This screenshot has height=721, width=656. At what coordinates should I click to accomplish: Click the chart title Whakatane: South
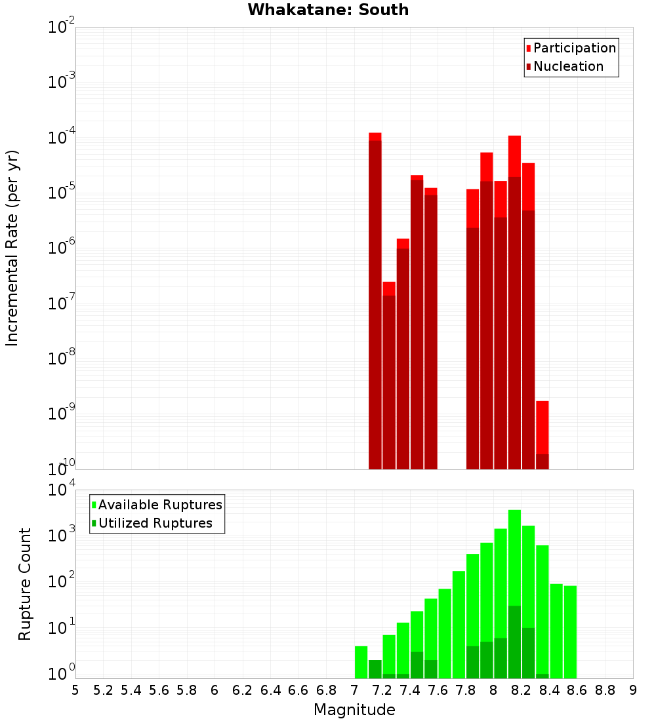click(x=328, y=10)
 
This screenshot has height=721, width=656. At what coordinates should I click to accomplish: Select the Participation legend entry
click(x=574, y=48)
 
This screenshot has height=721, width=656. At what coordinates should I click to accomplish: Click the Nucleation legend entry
click(x=567, y=66)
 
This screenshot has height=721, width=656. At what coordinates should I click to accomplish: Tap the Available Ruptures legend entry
click(x=159, y=505)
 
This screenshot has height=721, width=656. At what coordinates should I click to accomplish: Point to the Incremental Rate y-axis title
click(x=12, y=248)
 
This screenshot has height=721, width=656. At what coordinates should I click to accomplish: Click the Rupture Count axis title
click(x=25, y=584)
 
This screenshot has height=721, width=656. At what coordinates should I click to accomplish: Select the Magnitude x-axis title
click(x=354, y=709)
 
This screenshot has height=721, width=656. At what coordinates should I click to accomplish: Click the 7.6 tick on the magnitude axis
click(x=438, y=690)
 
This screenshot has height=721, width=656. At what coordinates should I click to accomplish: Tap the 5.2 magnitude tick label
click(x=104, y=690)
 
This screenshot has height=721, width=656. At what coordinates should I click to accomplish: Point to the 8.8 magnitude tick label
click(x=605, y=690)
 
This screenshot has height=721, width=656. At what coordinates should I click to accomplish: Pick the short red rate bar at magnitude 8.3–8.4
click(x=543, y=433)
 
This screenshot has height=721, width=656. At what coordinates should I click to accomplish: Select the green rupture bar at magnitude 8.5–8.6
click(x=570, y=629)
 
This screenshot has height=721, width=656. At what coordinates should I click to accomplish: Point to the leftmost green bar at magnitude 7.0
click(x=361, y=662)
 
